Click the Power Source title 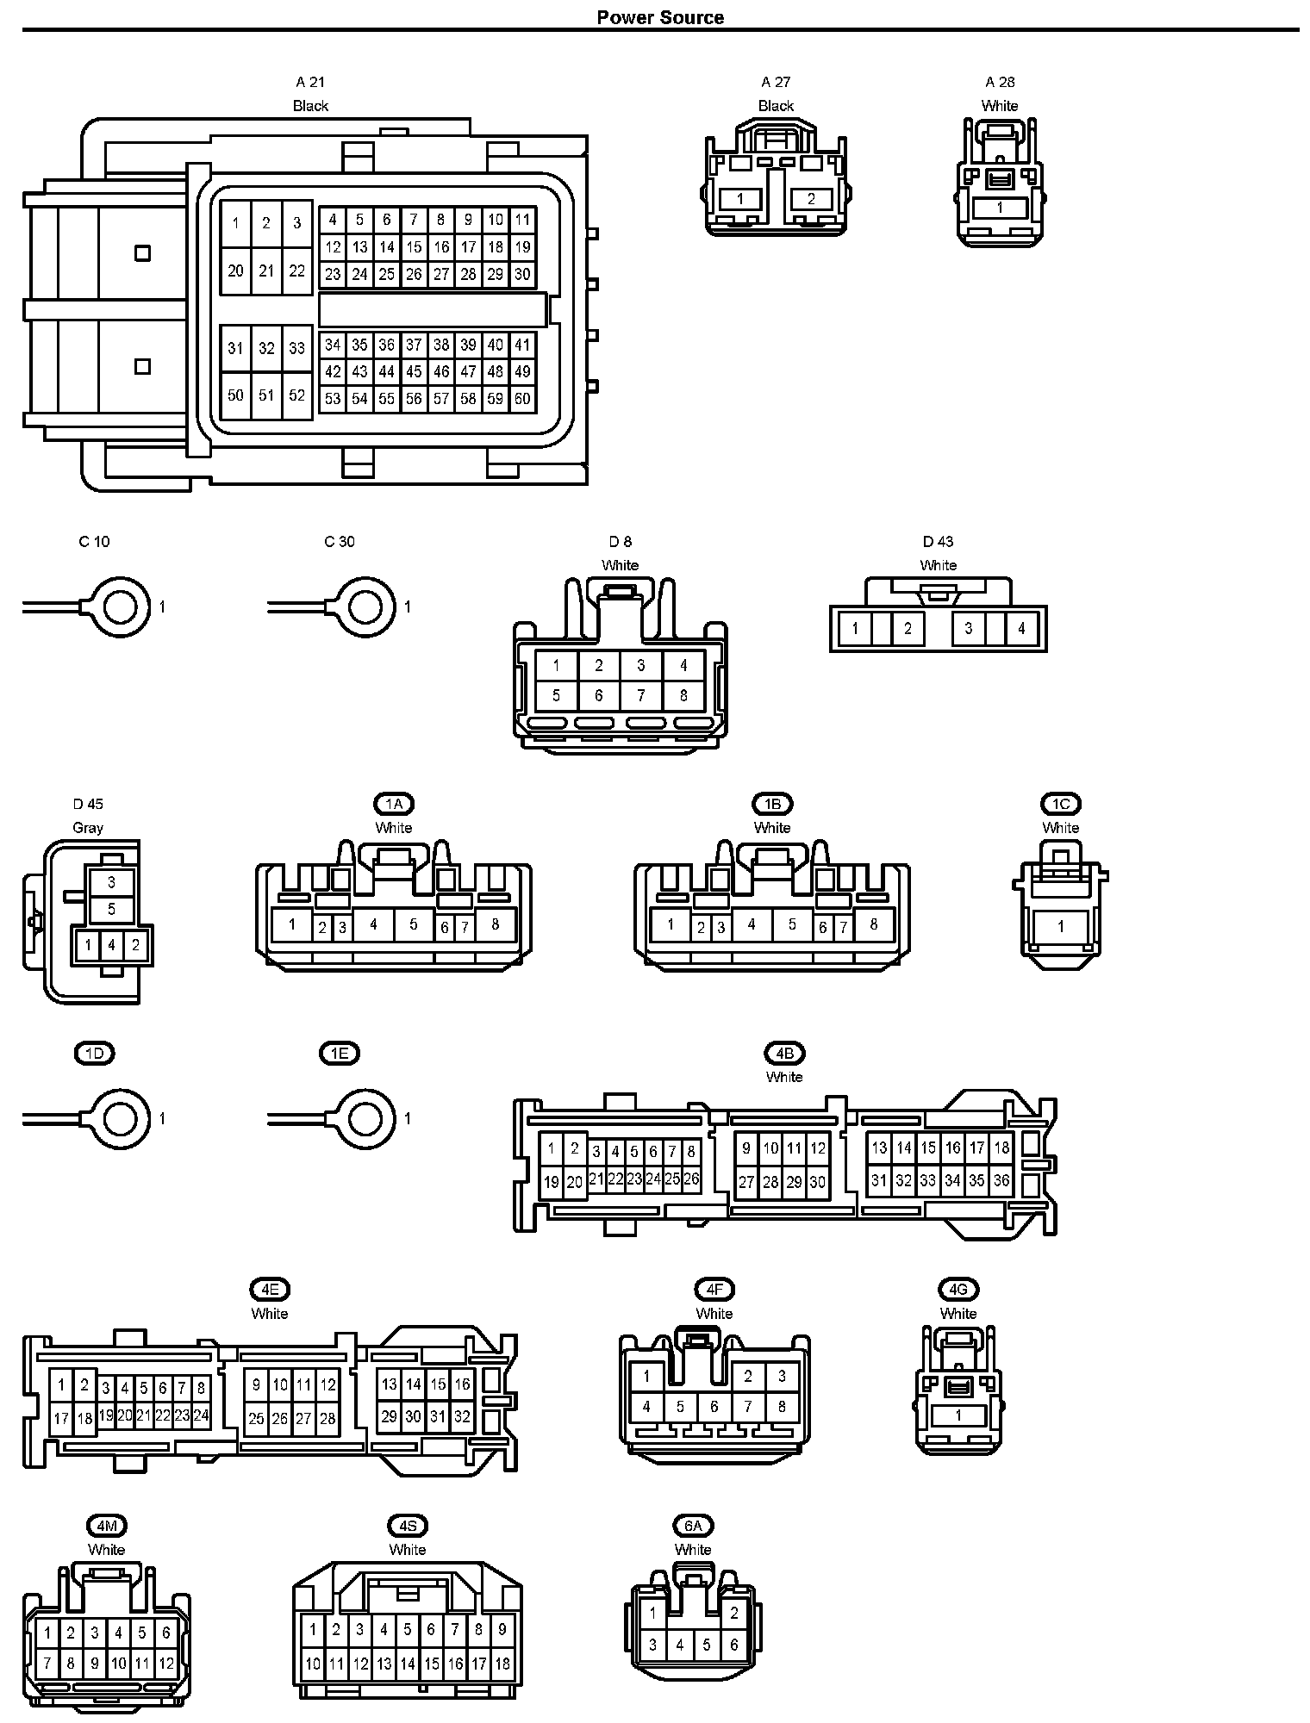point(660,17)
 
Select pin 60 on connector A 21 point(522,399)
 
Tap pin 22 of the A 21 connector point(296,271)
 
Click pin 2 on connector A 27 point(811,199)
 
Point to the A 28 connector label point(1000,82)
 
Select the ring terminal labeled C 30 point(365,607)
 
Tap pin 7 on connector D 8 point(641,695)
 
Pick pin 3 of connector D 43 point(969,629)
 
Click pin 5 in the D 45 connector point(112,909)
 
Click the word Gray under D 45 point(88,828)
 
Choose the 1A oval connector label point(394,804)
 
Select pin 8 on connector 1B point(874,924)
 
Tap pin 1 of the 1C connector point(1061,927)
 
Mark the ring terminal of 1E point(365,1119)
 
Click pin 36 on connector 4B point(1001,1180)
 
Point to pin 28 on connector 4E point(327,1418)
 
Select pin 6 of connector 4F point(714,1407)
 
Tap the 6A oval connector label point(693,1526)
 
